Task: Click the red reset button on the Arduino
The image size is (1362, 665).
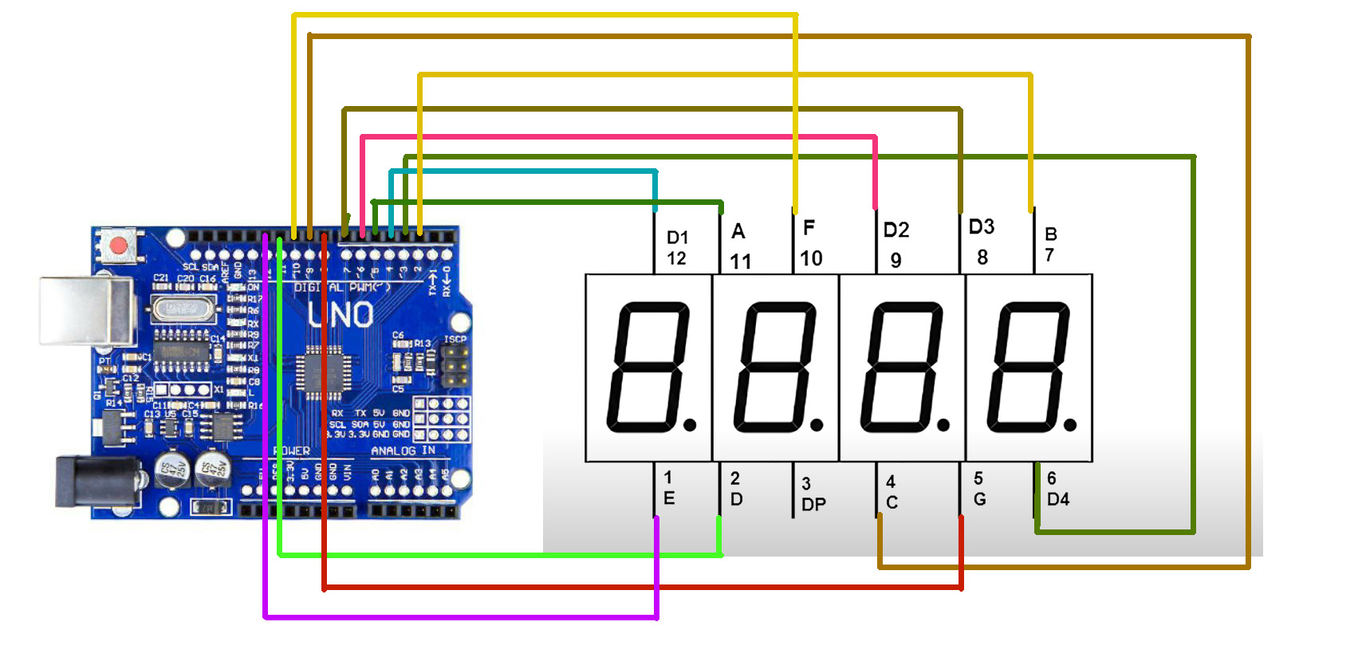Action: (119, 245)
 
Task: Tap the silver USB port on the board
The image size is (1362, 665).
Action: (86, 311)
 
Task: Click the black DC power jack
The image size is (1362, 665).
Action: (89, 480)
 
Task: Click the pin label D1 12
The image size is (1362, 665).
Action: (677, 248)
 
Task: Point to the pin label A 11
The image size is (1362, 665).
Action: (740, 246)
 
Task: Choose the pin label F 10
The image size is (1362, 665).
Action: (810, 243)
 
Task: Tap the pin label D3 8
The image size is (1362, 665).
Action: (982, 242)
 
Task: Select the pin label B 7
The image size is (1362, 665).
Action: (1050, 244)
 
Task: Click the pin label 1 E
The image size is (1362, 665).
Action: (668, 488)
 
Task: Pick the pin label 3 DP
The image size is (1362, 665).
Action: (813, 494)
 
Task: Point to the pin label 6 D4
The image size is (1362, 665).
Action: (1057, 489)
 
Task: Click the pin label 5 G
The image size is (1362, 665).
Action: (979, 489)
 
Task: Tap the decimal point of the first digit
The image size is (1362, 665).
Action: (690, 425)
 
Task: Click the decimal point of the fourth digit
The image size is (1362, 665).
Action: (1070, 425)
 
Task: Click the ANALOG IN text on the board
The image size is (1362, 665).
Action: (403, 451)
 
